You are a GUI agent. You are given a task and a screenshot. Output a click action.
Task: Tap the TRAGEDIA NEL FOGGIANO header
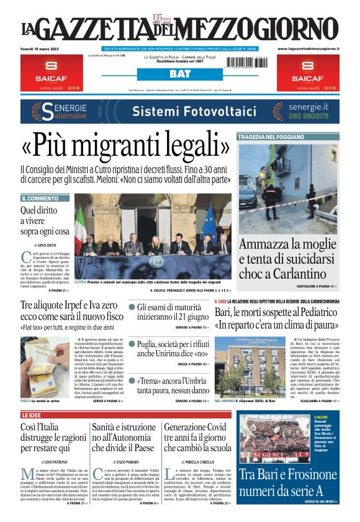(x=269, y=137)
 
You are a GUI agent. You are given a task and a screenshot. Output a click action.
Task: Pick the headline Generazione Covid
(x=195, y=427)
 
